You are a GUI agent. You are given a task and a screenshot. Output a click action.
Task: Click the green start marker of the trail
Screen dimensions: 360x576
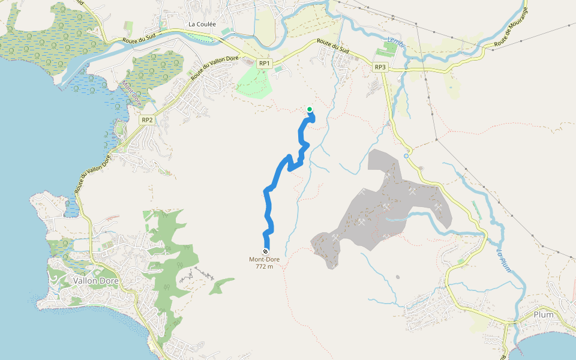click(310, 109)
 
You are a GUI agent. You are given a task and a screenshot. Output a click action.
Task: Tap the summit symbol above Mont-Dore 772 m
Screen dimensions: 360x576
click(265, 251)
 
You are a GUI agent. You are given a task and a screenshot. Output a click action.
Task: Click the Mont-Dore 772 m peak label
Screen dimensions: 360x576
click(265, 263)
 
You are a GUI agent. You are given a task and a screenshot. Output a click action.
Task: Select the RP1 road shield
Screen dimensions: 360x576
click(265, 63)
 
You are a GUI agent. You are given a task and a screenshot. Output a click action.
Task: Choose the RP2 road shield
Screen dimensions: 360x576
click(148, 120)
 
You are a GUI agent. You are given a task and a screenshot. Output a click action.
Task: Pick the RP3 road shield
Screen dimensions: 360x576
click(380, 67)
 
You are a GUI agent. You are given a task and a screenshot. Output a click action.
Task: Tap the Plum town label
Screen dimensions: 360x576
click(543, 314)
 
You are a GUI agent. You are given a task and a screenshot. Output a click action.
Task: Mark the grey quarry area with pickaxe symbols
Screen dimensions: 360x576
click(378, 204)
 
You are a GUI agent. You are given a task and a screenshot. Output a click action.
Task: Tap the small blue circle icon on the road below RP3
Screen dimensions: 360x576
click(406, 156)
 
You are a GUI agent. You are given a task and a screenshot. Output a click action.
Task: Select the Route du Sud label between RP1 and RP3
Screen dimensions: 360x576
click(333, 46)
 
